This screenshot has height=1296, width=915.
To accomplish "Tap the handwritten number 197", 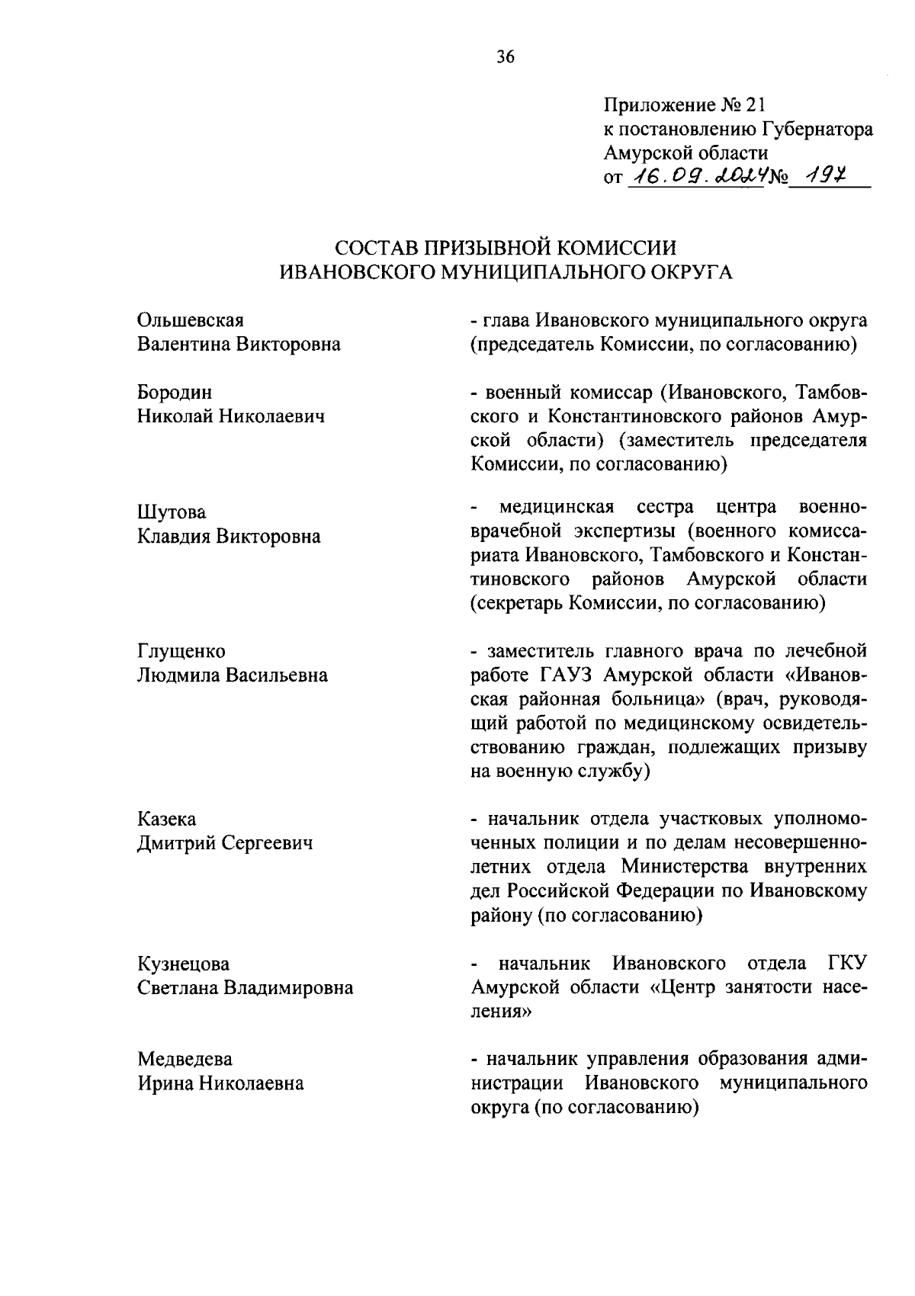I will [x=823, y=177].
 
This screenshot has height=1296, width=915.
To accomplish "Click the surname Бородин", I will [x=175, y=393].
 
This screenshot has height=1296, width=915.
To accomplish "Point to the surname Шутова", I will [x=172, y=512].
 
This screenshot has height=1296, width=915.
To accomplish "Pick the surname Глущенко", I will [x=181, y=651].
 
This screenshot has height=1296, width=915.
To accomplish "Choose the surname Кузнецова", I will [x=183, y=964].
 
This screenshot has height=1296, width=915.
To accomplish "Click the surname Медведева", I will [x=185, y=1059].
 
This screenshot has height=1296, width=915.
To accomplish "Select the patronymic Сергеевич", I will [x=268, y=843].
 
